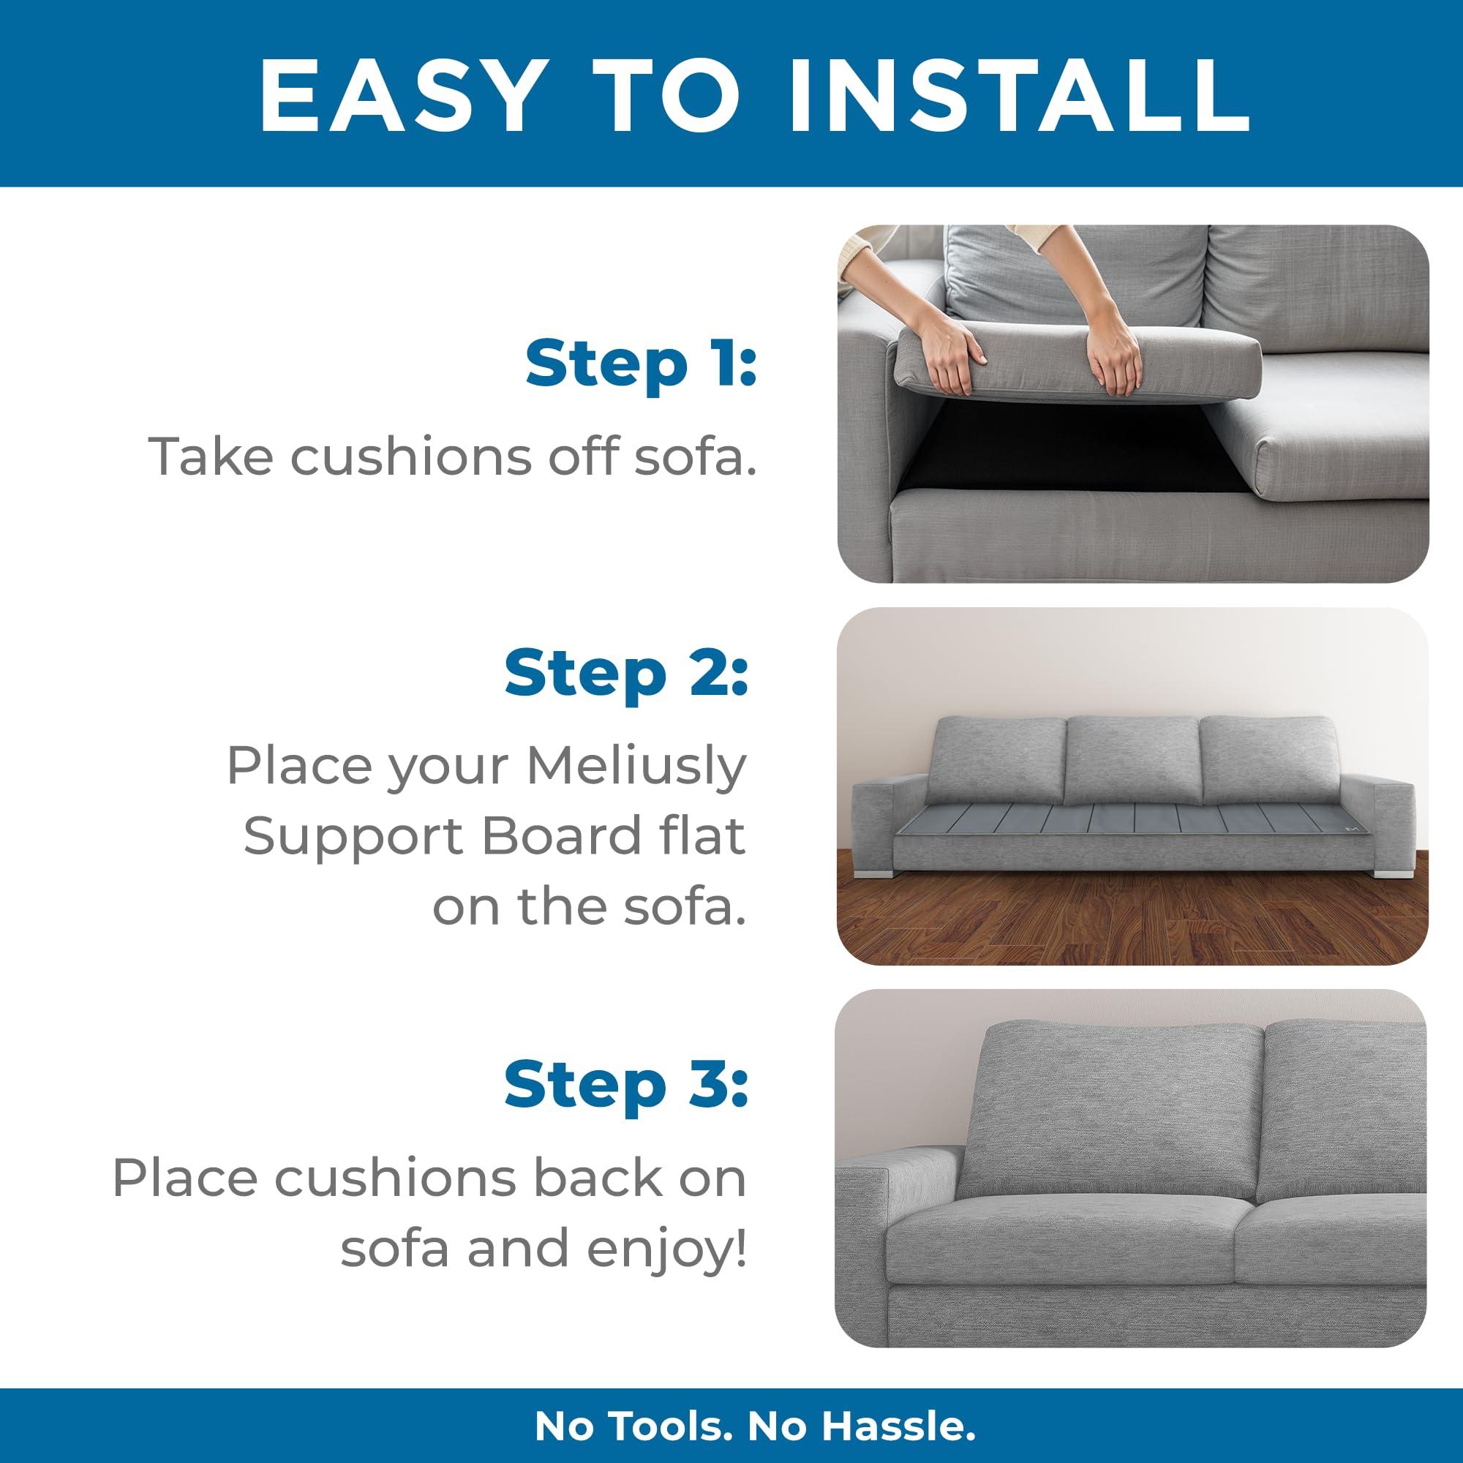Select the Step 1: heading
click(641, 364)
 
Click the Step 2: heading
click(625, 673)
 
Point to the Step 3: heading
click(625, 1085)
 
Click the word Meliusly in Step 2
click(637, 767)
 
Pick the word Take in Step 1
click(213, 456)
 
